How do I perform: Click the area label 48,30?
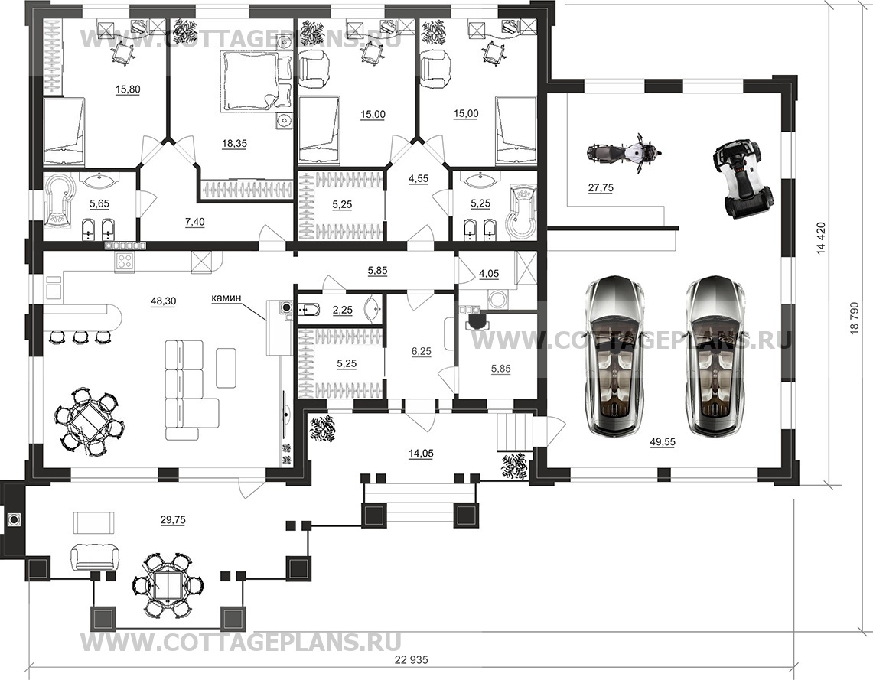pyautogui.click(x=163, y=301)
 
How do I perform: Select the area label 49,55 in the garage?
pyautogui.click(x=663, y=442)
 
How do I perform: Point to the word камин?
pyautogui.click(x=226, y=298)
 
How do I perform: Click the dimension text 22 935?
pyautogui.click(x=412, y=661)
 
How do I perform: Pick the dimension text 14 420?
pyautogui.click(x=821, y=239)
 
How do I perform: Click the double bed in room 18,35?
pyautogui.click(x=256, y=82)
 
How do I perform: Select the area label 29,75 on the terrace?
pyautogui.click(x=173, y=519)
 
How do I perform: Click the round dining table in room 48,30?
pyautogui.click(x=89, y=421)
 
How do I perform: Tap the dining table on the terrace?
pyautogui.click(x=168, y=584)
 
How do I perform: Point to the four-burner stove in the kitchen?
pyautogui.click(x=125, y=262)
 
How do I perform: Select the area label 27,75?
pyautogui.click(x=601, y=188)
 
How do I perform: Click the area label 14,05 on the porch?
pyautogui.click(x=421, y=454)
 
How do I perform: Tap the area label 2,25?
pyautogui.click(x=343, y=310)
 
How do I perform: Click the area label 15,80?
pyautogui.click(x=128, y=89)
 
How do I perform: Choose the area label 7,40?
pyautogui.click(x=194, y=222)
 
